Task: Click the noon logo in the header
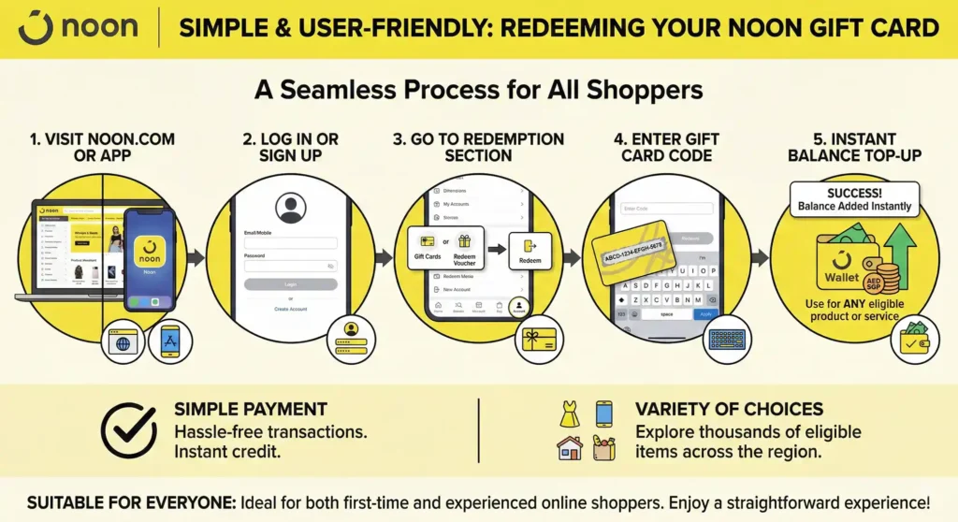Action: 78,28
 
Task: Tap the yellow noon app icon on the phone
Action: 150,247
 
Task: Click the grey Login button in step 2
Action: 289,283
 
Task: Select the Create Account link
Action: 290,308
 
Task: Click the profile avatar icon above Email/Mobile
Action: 291,207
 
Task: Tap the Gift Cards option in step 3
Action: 428,248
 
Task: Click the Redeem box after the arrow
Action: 530,251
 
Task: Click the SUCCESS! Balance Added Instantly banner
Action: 854,199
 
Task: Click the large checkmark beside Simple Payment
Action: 128,429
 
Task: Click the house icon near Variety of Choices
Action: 569,448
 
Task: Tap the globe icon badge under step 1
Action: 122,341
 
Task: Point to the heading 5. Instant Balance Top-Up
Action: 854,147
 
